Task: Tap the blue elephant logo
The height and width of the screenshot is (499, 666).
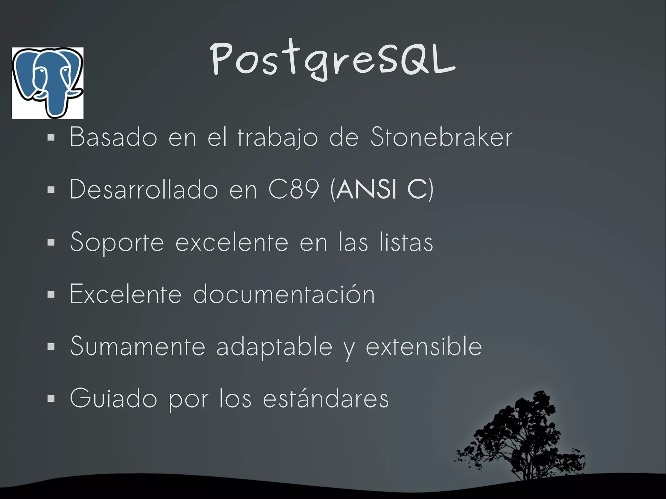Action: pos(47,83)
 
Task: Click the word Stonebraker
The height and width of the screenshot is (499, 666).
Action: pos(441,137)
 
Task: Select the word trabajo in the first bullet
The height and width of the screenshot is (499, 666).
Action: pos(278,138)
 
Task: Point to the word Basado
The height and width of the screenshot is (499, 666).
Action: pos(113,137)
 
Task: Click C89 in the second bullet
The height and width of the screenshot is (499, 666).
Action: pos(294,189)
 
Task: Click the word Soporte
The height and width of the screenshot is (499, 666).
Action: pos(117,243)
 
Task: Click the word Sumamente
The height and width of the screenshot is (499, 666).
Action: pos(138,346)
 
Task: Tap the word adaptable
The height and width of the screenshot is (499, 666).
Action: pos(274,347)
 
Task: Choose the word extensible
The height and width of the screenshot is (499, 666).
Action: pos(424,346)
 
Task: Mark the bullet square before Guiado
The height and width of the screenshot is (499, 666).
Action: pos(51,399)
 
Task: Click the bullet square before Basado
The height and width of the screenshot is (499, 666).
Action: pos(51,138)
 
